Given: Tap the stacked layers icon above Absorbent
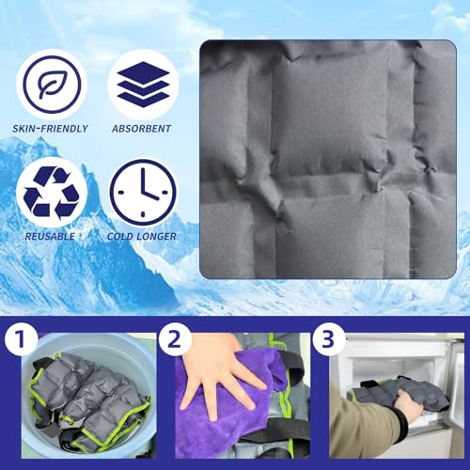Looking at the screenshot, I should pos(143,84).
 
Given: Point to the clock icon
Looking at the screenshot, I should pos(143,191).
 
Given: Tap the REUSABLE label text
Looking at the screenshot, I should pos(51,237).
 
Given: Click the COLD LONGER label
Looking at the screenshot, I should pos(143,237).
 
